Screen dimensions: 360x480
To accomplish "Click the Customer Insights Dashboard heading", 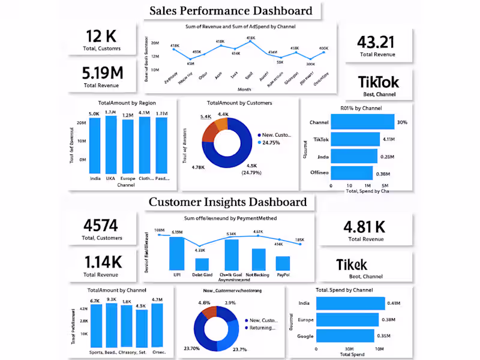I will pos(227,202).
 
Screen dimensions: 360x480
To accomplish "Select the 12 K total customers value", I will pos(101,35).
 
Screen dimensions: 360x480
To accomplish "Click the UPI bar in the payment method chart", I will pos(176,253).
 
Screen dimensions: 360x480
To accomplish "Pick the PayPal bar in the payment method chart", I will pos(283,263).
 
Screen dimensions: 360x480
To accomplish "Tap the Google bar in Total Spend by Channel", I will pos(345,335).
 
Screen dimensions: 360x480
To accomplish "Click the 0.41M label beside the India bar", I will pos(394,303).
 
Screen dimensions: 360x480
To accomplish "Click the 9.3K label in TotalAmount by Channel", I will pos(111,300).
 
